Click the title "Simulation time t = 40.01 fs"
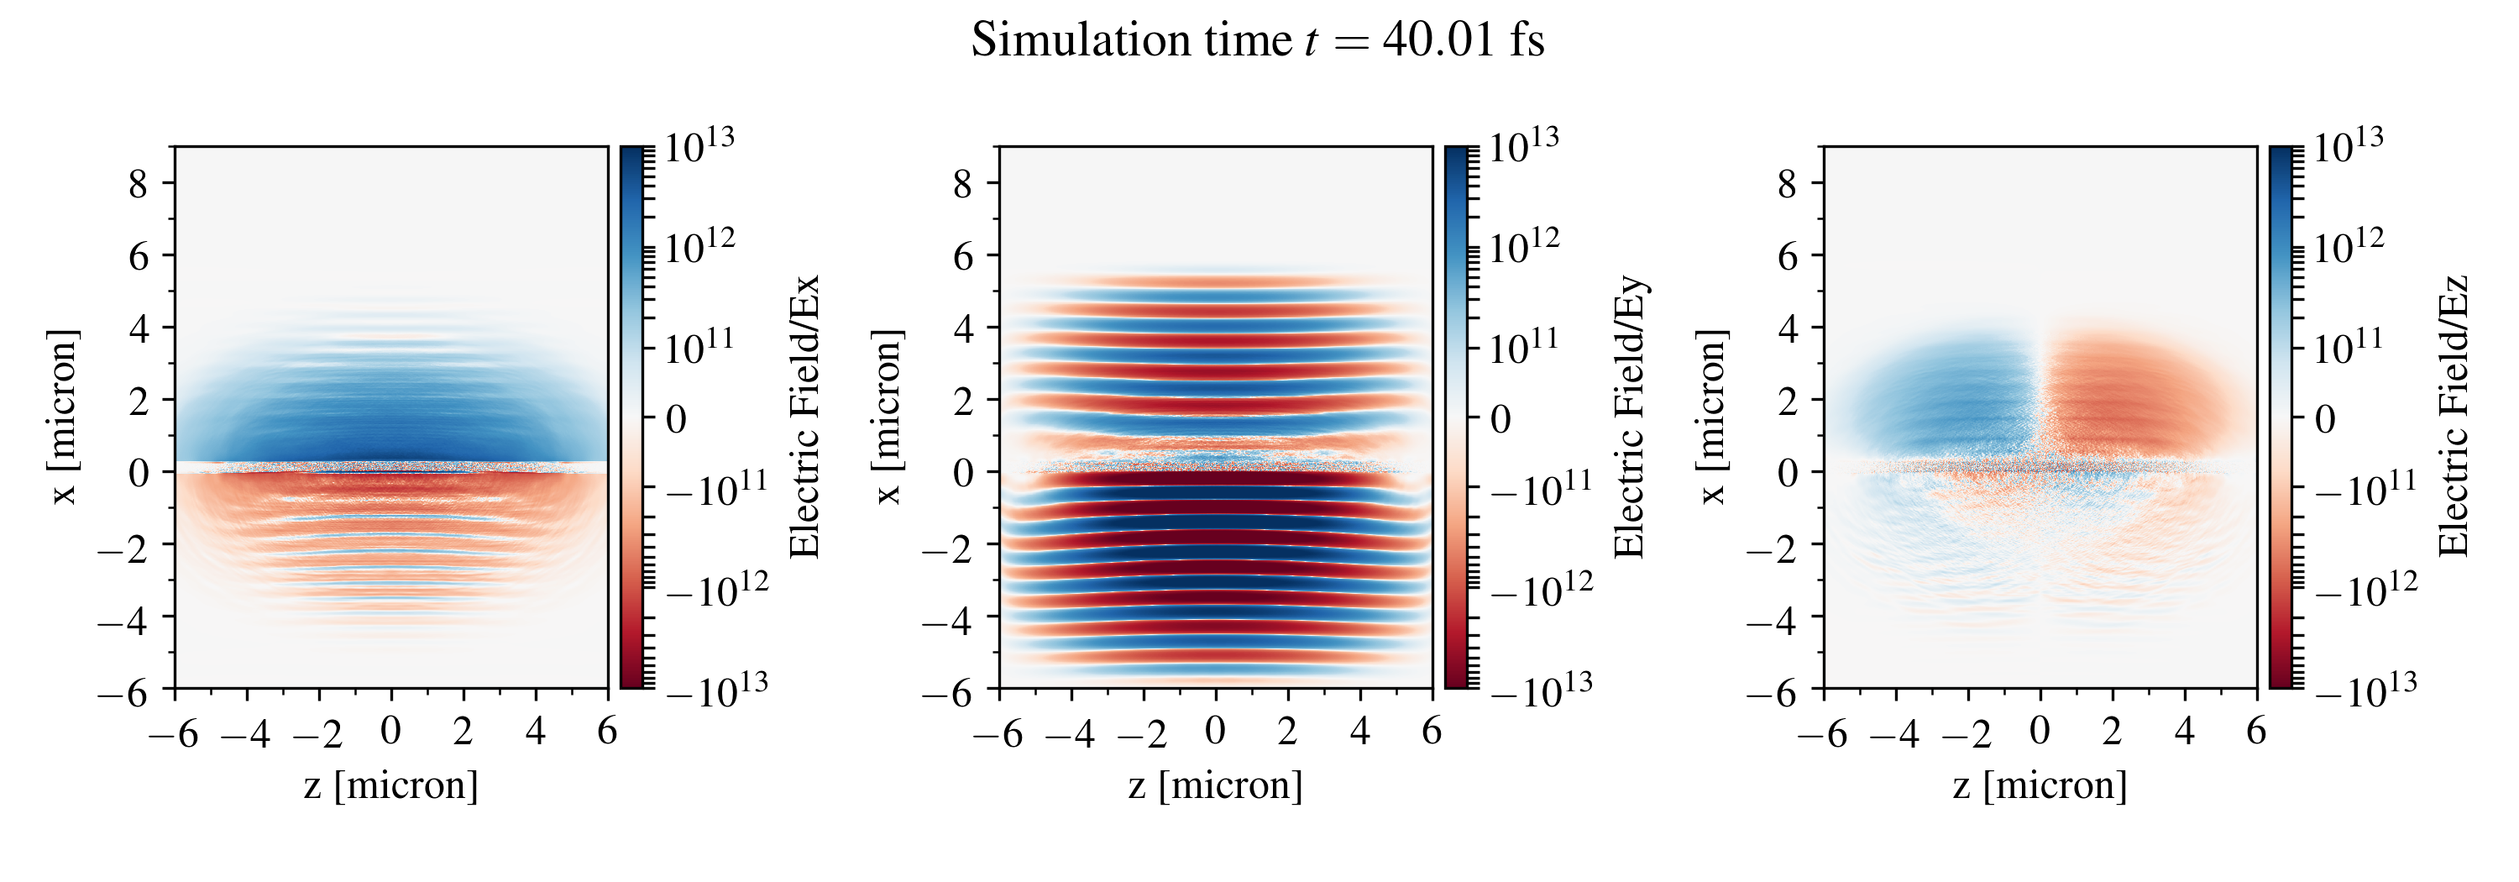pos(1258,41)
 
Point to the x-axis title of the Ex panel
pos(391,785)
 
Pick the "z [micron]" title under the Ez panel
pos(2040,785)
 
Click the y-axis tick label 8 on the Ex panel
pos(138,183)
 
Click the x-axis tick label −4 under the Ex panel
pos(245,732)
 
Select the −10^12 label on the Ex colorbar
pos(718,591)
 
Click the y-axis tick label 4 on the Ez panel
pos(1788,328)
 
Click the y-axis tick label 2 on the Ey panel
pos(963,400)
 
